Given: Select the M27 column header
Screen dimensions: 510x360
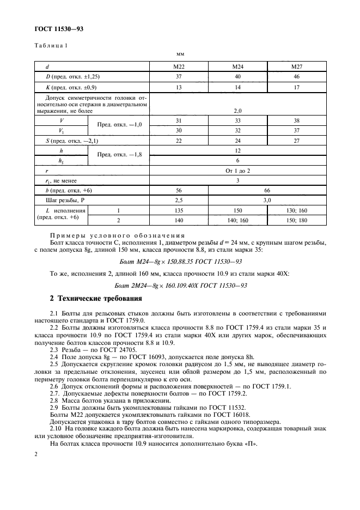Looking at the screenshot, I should click(x=296, y=66).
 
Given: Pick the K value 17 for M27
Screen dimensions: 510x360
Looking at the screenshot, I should click(x=296, y=87).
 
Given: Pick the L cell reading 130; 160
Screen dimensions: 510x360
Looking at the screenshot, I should click(x=296, y=210).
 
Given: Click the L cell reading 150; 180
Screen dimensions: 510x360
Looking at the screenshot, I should click(x=296, y=221).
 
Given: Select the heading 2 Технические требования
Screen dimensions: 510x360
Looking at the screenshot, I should click(x=96, y=299).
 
